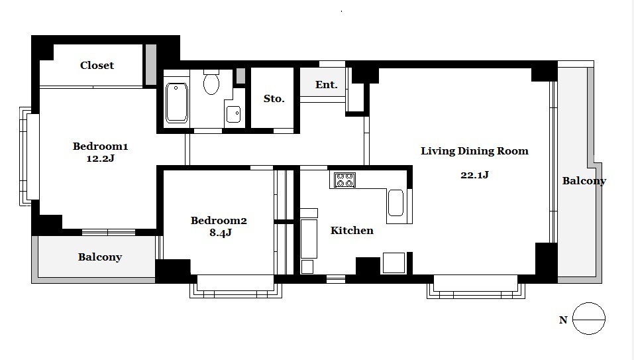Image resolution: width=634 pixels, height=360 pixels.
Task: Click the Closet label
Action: click(97, 65)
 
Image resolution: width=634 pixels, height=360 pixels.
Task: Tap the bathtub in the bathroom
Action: click(176, 103)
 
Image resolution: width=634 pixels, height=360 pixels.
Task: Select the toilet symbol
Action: click(211, 82)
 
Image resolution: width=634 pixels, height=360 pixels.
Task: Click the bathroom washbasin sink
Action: click(233, 114)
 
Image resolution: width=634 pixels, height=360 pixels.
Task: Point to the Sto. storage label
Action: click(274, 98)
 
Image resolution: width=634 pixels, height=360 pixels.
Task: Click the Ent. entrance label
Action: click(326, 85)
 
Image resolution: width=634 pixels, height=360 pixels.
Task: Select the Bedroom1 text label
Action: click(100, 146)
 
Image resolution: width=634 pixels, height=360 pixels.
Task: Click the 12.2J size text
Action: click(100, 158)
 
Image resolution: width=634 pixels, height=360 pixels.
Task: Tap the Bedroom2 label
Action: click(219, 221)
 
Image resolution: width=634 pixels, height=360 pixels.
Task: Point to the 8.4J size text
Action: click(221, 233)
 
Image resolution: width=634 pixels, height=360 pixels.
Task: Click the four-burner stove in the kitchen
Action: click(344, 180)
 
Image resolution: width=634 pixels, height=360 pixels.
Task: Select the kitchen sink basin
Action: click(396, 203)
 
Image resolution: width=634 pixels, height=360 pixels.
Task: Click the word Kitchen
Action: click(352, 231)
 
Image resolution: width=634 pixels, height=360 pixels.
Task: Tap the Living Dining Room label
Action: click(474, 151)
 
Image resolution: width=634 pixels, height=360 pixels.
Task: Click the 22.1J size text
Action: click(474, 175)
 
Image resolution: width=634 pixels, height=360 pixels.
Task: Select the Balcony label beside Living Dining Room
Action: click(584, 181)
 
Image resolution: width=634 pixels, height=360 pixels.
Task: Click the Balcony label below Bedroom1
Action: click(100, 257)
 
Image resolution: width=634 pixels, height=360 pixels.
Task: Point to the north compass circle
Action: click(589, 319)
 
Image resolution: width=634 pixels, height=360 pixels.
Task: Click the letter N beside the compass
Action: click(563, 320)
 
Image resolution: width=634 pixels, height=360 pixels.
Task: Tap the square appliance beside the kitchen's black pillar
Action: click(394, 263)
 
